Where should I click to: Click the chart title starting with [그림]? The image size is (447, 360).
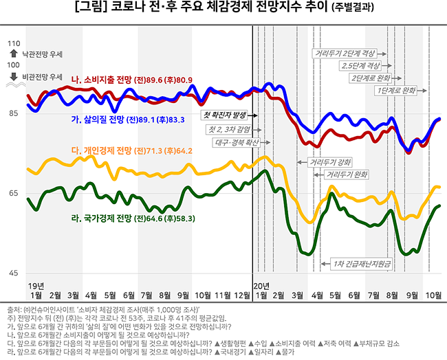pos(223,9)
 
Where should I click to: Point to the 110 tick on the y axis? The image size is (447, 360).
pos(12,43)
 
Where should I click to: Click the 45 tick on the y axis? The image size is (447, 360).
pos(14,273)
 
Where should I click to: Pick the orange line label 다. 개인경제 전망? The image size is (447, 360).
pos(131,150)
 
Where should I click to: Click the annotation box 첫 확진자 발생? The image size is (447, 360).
pos(223,115)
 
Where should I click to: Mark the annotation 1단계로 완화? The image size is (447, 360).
pos(396,90)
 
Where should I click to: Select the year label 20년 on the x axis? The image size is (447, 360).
pos(261,284)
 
